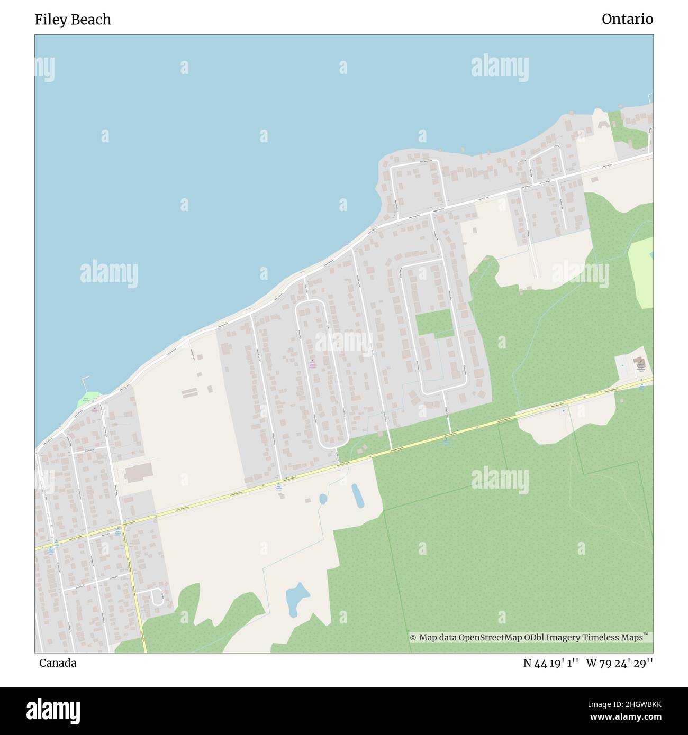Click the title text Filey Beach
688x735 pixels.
coord(73,20)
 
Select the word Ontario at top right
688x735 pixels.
coord(627,20)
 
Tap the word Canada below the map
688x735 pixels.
coord(57,663)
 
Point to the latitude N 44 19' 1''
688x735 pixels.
coord(551,663)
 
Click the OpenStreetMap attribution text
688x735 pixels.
coord(529,638)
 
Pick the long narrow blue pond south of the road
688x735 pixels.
coord(357,495)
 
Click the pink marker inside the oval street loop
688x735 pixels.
coord(312,363)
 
